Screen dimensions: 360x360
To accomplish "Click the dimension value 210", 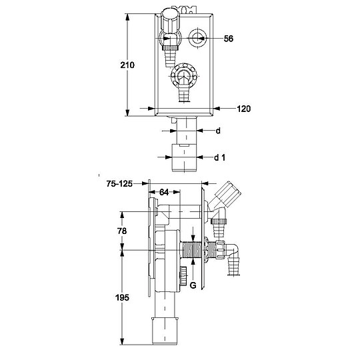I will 128,65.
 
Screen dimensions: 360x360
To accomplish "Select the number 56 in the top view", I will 229,39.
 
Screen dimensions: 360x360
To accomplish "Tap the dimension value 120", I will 243,108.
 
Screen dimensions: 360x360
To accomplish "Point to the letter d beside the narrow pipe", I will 217,131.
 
